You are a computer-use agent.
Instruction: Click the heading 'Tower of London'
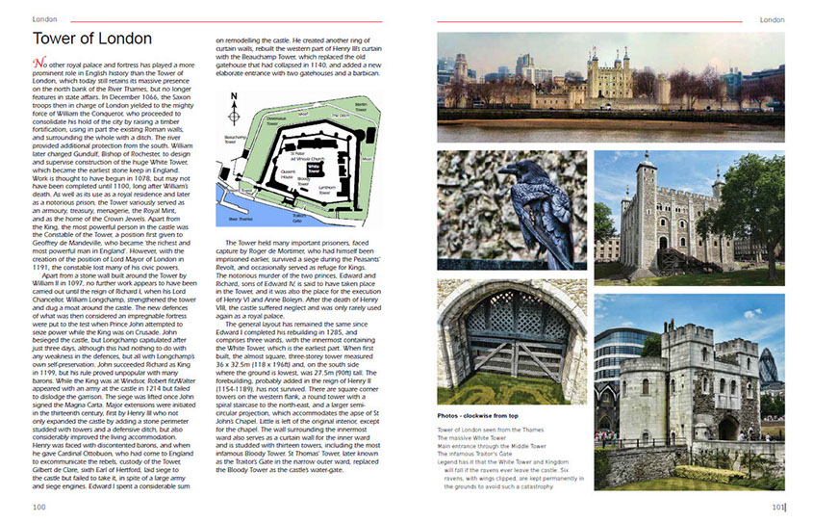click(91, 39)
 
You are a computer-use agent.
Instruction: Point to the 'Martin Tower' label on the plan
click(361, 106)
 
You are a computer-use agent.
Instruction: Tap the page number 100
click(38, 507)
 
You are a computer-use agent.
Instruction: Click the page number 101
click(777, 507)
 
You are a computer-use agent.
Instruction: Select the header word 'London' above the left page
click(44, 19)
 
